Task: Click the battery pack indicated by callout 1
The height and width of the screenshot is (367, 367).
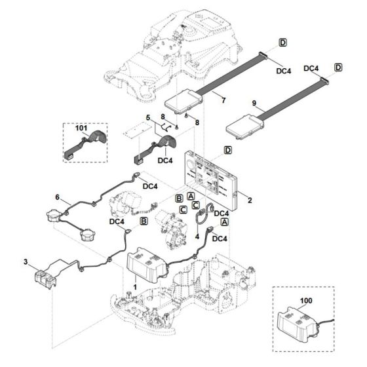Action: coord(148,265)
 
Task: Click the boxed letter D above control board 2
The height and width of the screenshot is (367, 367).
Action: coord(227,150)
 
